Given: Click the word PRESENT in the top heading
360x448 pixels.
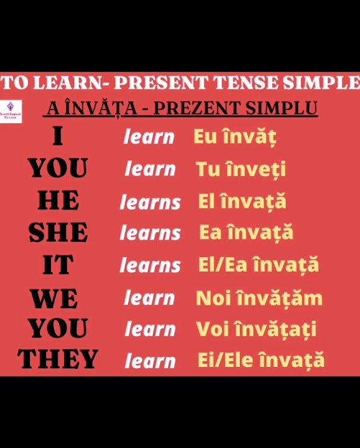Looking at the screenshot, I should tap(160, 83).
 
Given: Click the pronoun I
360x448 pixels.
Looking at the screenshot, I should tap(58, 136).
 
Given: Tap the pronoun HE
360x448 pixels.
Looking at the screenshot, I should tap(58, 201).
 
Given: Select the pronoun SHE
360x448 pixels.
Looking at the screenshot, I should tap(58, 233).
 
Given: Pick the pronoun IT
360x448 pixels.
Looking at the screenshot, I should tap(58, 265).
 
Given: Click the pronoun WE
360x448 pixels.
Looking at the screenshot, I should tap(55, 299).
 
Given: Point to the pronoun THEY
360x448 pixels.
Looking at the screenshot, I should tap(58, 360).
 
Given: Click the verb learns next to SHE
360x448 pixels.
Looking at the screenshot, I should tap(150, 233).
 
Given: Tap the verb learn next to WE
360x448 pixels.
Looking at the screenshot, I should tap(149, 298).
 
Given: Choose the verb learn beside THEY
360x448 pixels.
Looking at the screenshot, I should tap(149, 360).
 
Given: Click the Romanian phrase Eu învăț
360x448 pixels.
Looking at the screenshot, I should tap(234, 137).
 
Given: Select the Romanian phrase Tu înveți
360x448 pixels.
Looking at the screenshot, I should tap(241, 169).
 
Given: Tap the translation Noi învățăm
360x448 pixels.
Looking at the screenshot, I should tap(259, 299).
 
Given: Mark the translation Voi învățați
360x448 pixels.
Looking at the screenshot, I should tap(256, 329).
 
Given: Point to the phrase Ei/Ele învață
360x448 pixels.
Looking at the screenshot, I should tap(261, 360).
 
